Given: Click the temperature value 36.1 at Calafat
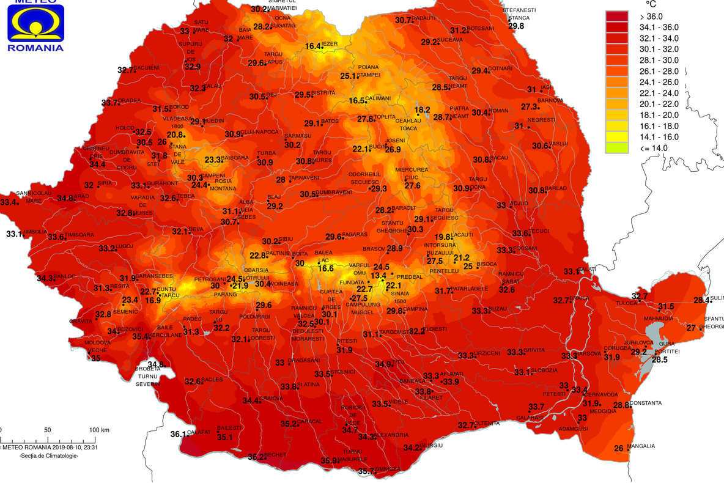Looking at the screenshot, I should click(x=178, y=435).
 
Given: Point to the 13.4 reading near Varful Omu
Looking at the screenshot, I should click(x=379, y=276).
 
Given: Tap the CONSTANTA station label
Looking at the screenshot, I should click(x=646, y=403).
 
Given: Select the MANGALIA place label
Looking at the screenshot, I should click(x=641, y=446).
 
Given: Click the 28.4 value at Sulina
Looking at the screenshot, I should click(x=701, y=300).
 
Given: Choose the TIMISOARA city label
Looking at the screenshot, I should click(x=80, y=235).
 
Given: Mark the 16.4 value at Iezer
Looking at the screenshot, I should click(x=313, y=46).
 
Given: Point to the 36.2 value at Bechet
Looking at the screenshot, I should click(x=256, y=457).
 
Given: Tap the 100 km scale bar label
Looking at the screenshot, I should click(x=99, y=430).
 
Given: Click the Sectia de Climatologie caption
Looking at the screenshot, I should click(x=49, y=456).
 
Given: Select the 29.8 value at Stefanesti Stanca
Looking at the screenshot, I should click(x=516, y=26).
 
